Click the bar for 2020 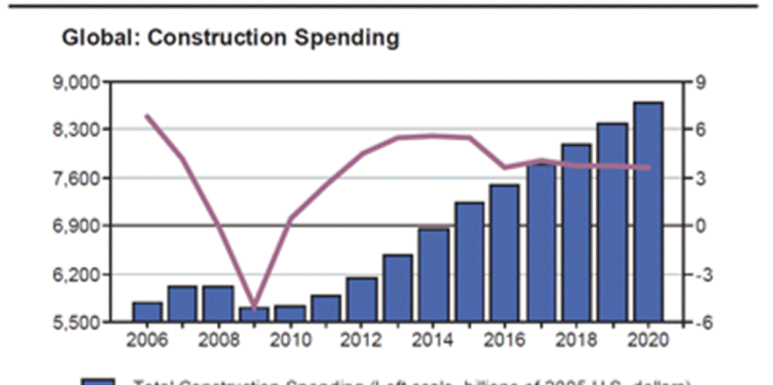pos(648,212)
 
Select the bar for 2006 pos(147,311)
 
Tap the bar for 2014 pos(433,274)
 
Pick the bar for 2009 pos(254,314)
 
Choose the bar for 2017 pos(540,242)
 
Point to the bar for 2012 pos(361,299)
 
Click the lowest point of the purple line pos(254,302)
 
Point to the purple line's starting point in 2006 pos(147,115)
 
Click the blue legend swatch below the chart pos(98,382)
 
